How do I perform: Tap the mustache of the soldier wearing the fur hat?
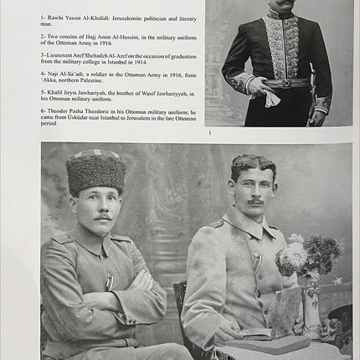coord(102,217)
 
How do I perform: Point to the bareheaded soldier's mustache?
coord(255,201)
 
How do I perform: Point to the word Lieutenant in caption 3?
coord(64,54)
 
